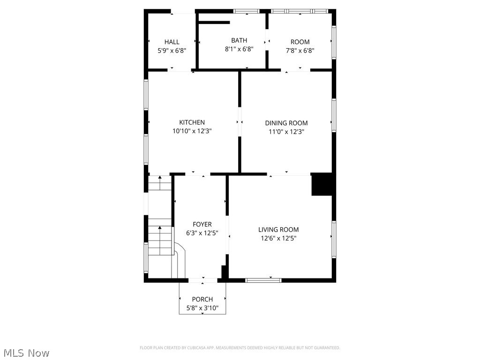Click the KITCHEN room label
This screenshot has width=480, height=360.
point(192,123)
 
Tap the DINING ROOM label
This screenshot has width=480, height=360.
point(286,123)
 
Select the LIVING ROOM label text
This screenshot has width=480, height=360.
point(278,230)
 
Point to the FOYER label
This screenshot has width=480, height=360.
point(202,225)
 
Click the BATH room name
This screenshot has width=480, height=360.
point(239,41)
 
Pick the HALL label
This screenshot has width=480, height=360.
point(172,42)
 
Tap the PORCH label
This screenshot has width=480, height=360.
point(202,300)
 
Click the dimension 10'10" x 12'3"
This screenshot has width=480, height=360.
point(192,132)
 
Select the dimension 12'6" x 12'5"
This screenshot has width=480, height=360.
point(278,238)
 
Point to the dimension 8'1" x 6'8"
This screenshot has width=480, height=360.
point(239,49)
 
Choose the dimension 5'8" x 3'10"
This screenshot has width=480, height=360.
point(202,308)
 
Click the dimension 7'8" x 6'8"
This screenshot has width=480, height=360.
point(300,51)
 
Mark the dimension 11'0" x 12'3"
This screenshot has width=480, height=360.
point(286,132)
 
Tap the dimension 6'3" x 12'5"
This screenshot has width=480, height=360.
point(202,233)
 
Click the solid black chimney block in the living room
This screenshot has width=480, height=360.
point(322,185)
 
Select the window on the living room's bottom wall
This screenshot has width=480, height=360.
point(263,280)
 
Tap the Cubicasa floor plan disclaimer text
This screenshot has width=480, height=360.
point(240,348)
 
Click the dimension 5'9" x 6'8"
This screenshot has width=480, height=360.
point(172,51)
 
